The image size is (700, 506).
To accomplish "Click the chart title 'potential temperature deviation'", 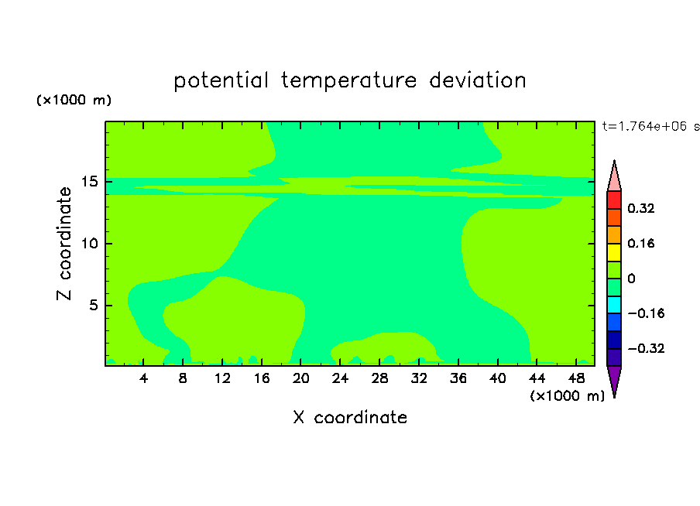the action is pos(350,80).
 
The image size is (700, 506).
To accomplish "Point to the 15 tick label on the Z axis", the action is pos(89,182).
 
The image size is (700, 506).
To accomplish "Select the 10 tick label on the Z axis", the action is pos(89,244).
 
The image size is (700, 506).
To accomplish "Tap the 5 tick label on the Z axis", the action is pos(93,305).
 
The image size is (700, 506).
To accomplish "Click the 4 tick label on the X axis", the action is pos(143,378).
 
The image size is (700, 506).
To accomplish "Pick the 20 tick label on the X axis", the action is pos(300,378).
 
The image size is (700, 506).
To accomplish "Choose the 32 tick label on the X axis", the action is pos(419,378).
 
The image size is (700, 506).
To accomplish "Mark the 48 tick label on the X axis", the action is pos(576,378).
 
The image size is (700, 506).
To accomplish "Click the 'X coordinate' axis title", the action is pos(350,417).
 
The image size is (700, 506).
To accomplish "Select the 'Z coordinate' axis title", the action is pos(63,244).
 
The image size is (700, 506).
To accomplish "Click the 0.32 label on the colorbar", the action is pos(640,208).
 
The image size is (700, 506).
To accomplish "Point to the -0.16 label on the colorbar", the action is pos(646,313).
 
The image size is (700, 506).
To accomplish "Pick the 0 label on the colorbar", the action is pos(631,279).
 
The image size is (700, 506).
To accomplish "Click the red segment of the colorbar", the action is pos(614,200).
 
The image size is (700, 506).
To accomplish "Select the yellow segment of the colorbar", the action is pos(614,252).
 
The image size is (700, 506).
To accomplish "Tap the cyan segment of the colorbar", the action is pos(614,304).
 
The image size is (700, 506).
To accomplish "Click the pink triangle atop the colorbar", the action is pos(614,179).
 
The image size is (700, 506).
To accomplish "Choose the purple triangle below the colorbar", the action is pos(614,379).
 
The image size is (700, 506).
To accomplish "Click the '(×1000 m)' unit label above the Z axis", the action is pos(74,100).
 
